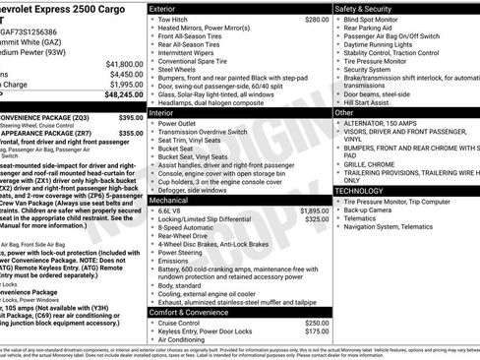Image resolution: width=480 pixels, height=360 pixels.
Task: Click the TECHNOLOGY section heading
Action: (360, 190)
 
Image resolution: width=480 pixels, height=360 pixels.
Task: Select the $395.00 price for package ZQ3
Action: (131, 117)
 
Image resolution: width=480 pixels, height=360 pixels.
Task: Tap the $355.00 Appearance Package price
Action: (131, 136)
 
